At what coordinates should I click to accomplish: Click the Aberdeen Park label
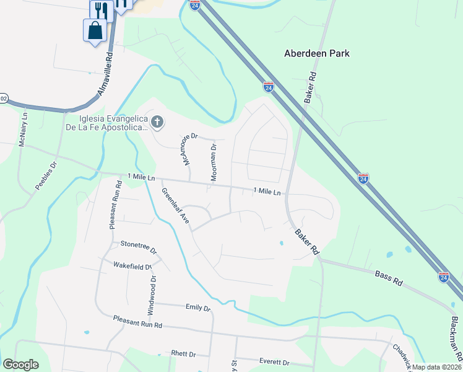[316, 53]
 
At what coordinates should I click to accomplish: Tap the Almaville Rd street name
[105, 73]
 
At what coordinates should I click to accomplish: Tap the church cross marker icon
[157, 122]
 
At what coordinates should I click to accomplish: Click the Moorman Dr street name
[214, 162]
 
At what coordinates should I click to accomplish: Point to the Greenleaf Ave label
[175, 206]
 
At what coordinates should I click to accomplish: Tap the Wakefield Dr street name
[132, 266]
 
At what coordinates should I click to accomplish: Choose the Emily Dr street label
[198, 308]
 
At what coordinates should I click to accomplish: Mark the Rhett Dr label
[183, 354]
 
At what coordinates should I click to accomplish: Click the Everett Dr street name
[274, 362]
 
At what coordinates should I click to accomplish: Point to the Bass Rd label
[389, 278]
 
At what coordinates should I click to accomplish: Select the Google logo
[21, 365]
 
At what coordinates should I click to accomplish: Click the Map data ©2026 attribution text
[436, 367]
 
